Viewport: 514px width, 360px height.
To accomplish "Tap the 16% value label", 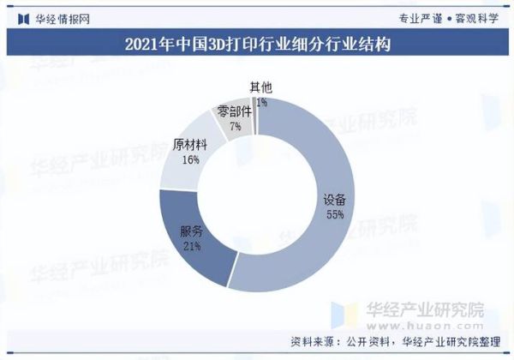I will coord(190,159).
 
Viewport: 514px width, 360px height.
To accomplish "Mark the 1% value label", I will coord(261,102).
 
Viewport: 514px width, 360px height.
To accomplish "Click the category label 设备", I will coord(335,201).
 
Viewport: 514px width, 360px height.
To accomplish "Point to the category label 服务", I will coord(191,232).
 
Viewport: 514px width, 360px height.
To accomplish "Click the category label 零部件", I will coord(235,111).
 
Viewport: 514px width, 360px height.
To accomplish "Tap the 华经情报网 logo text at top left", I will coord(60,17).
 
